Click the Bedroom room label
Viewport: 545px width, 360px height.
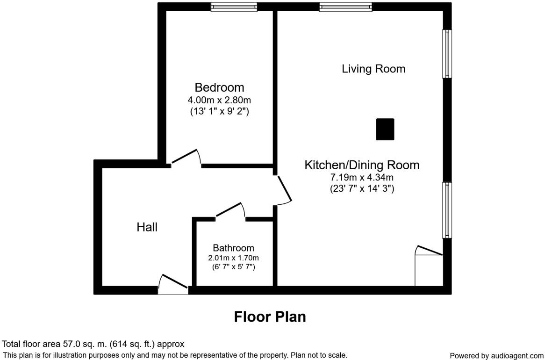(219, 87)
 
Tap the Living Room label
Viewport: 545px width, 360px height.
(373, 69)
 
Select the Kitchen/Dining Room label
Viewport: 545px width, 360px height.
(362, 165)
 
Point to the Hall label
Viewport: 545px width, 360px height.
(147, 227)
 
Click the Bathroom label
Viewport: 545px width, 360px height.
(233, 248)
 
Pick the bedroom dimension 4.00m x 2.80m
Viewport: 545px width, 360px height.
(219, 100)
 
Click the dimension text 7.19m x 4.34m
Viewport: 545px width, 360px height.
(362, 178)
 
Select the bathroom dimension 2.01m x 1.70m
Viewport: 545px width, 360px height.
(233, 258)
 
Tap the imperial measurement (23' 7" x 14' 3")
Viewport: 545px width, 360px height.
(362, 189)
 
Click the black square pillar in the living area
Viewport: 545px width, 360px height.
(385, 130)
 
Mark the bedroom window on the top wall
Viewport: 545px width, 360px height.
(234, 7)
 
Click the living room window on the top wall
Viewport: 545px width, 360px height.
(346, 7)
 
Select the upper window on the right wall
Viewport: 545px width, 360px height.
(447, 54)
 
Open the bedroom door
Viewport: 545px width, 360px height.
(186, 158)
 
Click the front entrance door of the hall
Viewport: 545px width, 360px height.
(173, 284)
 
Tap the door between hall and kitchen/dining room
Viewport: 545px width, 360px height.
(284, 190)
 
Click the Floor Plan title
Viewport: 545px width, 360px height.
(270, 317)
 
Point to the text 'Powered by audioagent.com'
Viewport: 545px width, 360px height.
(496, 356)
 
